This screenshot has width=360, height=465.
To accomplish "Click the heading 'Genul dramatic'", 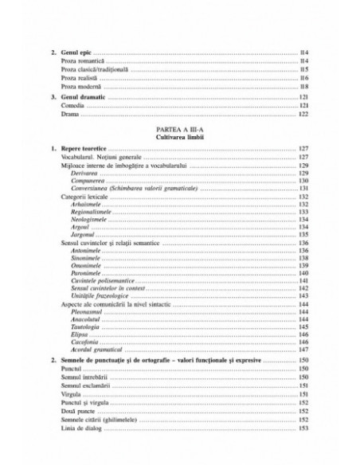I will pos(84,98).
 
